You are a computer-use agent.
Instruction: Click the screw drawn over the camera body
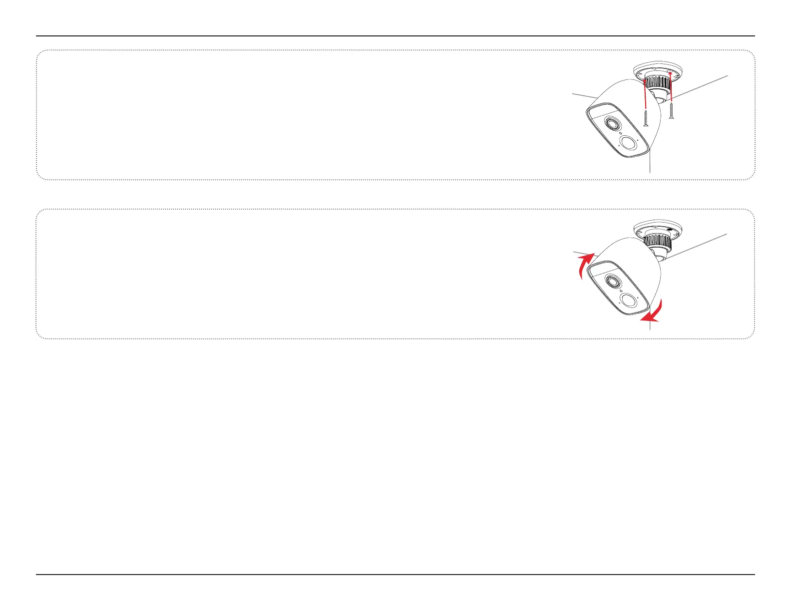click(646, 118)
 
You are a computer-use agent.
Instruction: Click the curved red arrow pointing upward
click(584, 265)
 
